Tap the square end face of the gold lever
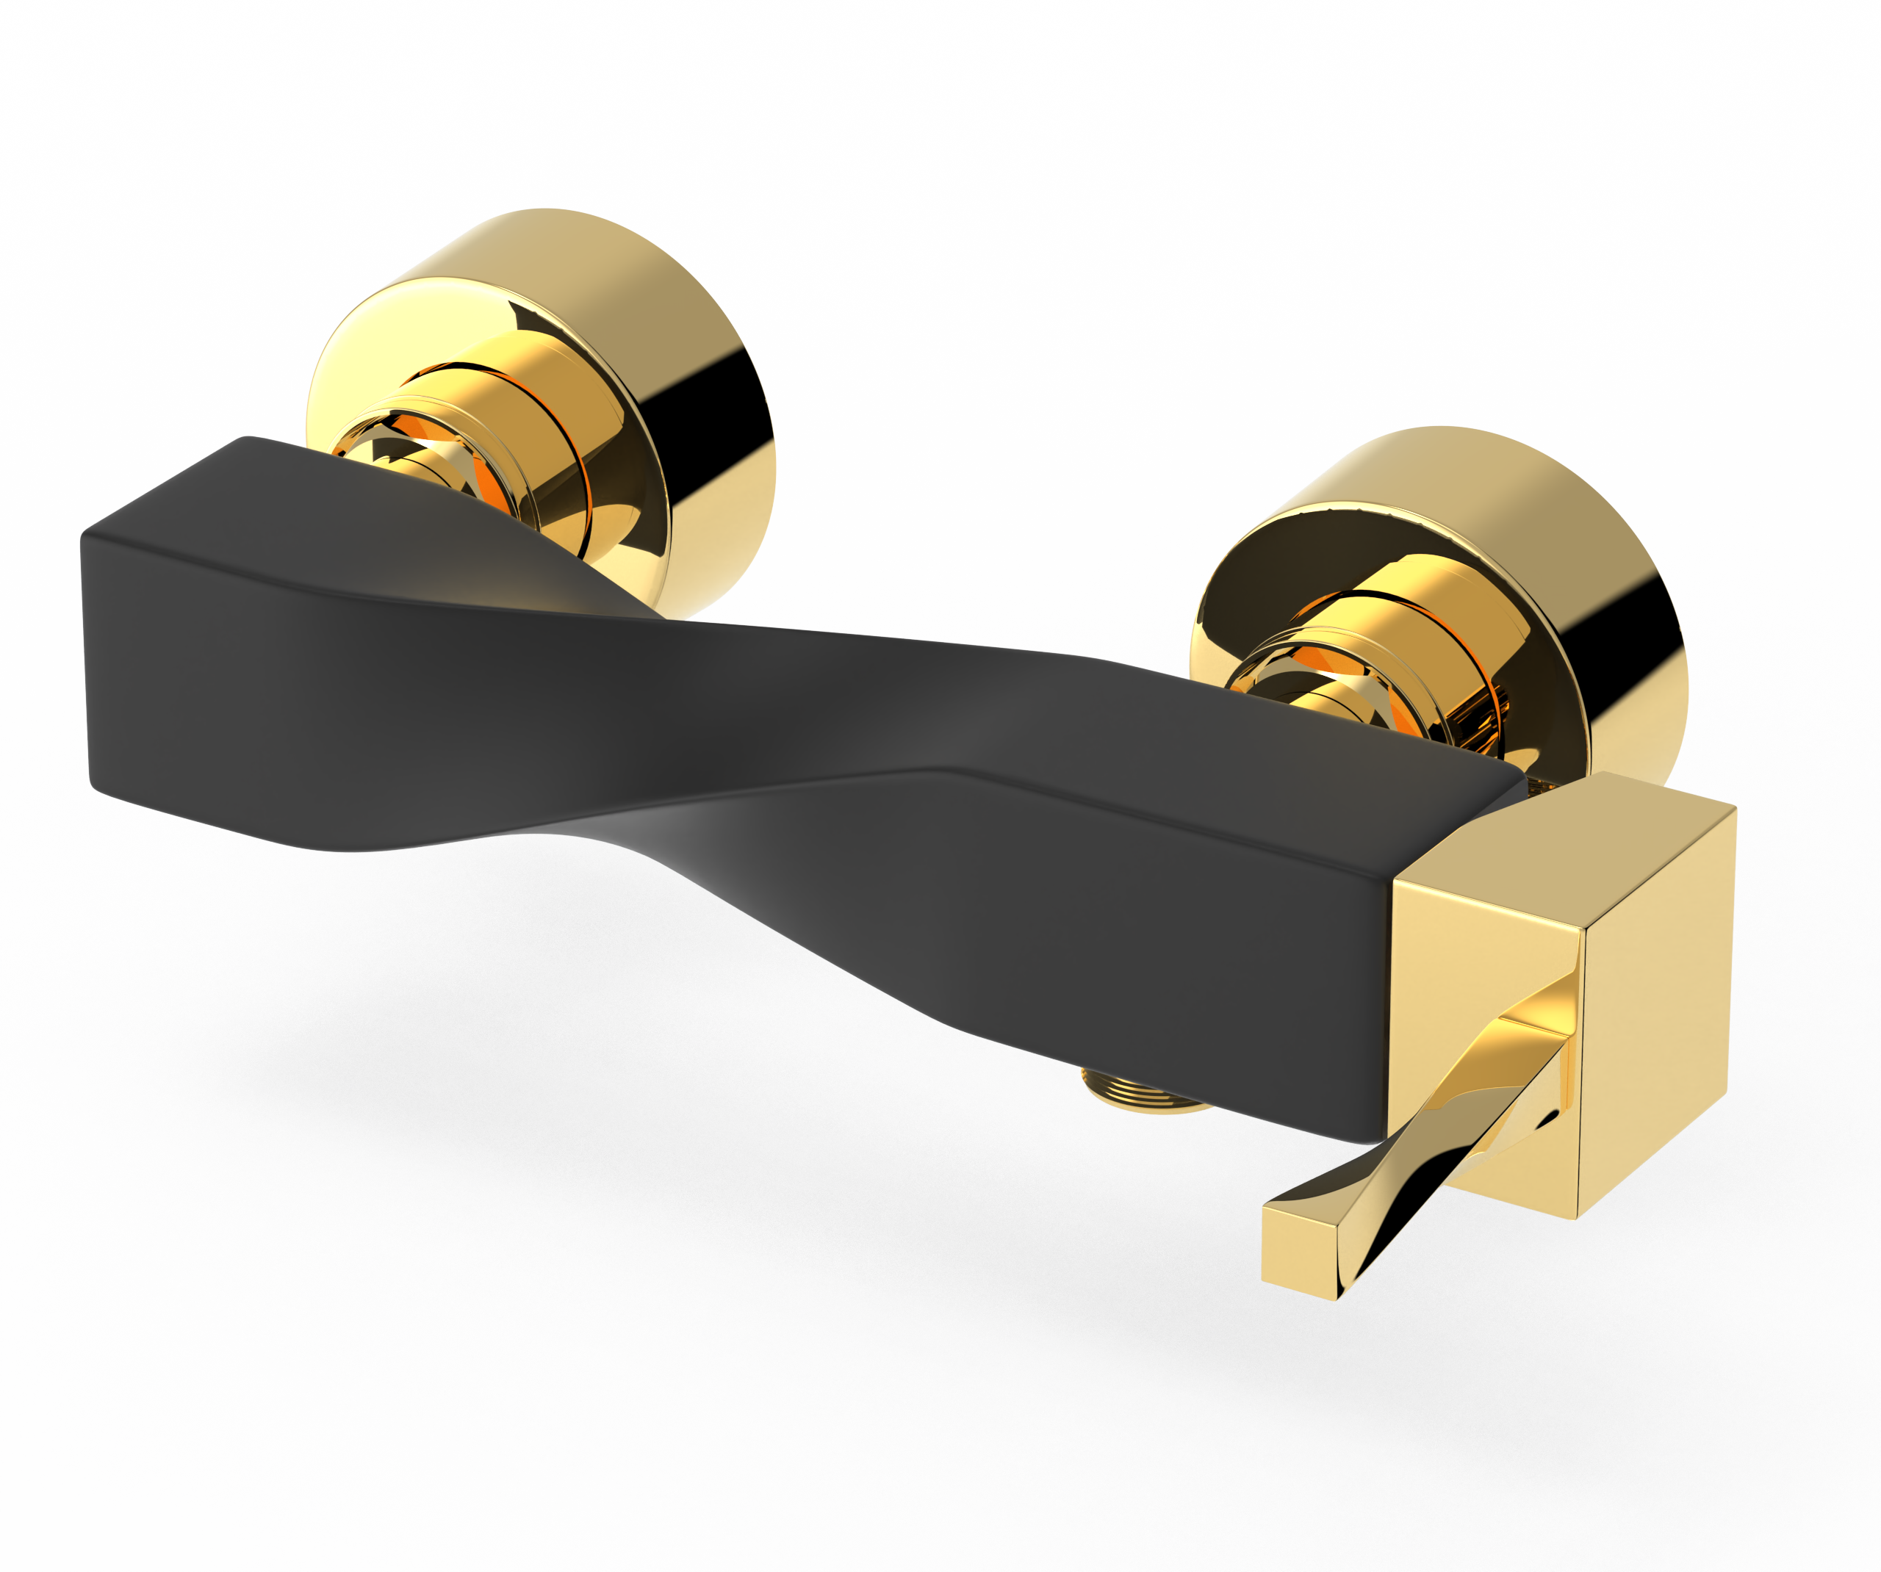[1299, 1250]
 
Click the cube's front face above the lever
[1478, 940]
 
